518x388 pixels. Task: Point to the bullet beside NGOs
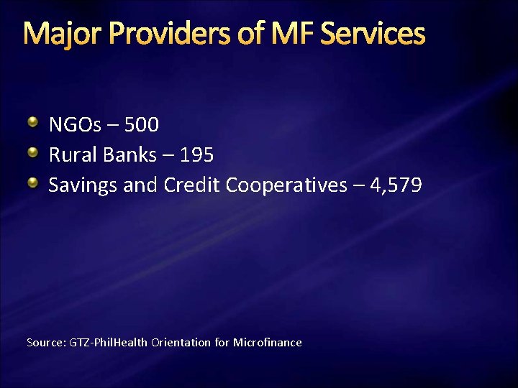pos(33,123)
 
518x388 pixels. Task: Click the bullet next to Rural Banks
pos(33,153)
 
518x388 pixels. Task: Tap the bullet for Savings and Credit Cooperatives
pos(33,183)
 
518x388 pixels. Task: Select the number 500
pos(142,125)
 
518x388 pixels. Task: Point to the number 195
pos(196,155)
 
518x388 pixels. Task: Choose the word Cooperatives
pos(286,185)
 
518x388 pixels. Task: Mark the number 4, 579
pos(395,185)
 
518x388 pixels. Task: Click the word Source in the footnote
pos(46,343)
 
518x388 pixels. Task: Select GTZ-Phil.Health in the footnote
pos(109,343)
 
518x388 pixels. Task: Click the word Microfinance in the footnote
pos(267,343)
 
